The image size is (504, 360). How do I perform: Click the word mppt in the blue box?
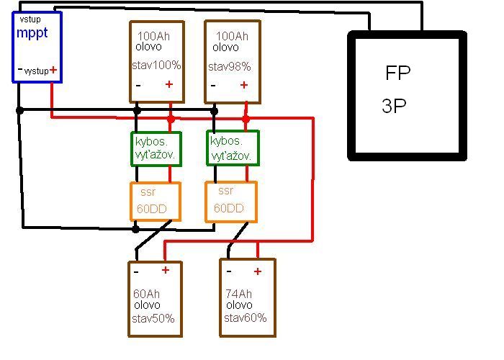(x=32, y=32)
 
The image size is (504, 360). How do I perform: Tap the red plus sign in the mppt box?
(x=53, y=71)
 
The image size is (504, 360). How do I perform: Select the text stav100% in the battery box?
(x=156, y=66)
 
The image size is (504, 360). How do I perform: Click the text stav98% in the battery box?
(x=230, y=67)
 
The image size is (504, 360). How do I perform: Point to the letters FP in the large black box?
(x=398, y=73)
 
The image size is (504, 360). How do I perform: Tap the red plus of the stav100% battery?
(x=169, y=85)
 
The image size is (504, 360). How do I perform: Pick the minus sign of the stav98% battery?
(x=212, y=86)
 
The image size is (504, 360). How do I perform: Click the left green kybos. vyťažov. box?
(x=155, y=147)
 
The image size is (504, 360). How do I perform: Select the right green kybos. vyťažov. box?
(x=232, y=147)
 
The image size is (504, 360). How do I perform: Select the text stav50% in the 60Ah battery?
(x=153, y=318)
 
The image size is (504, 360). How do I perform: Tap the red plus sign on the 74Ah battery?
(x=257, y=271)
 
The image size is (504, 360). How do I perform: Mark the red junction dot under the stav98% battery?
(x=246, y=119)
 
